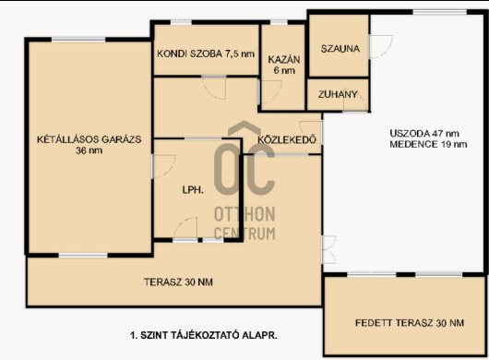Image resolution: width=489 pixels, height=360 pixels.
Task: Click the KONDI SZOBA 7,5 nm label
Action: (205, 54)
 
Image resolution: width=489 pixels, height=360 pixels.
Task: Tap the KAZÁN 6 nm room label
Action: (282, 64)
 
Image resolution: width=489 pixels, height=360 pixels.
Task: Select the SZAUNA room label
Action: (339, 48)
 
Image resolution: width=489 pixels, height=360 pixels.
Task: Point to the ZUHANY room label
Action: (338, 93)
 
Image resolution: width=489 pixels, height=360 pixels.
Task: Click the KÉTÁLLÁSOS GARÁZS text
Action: (89, 139)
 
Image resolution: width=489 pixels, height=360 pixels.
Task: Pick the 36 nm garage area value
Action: (89, 151)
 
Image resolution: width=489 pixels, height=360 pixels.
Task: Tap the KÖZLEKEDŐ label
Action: (288, 140)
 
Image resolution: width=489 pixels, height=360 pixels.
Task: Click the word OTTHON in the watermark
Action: (244, 214)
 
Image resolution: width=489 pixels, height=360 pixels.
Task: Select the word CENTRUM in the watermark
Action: (244, 231)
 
